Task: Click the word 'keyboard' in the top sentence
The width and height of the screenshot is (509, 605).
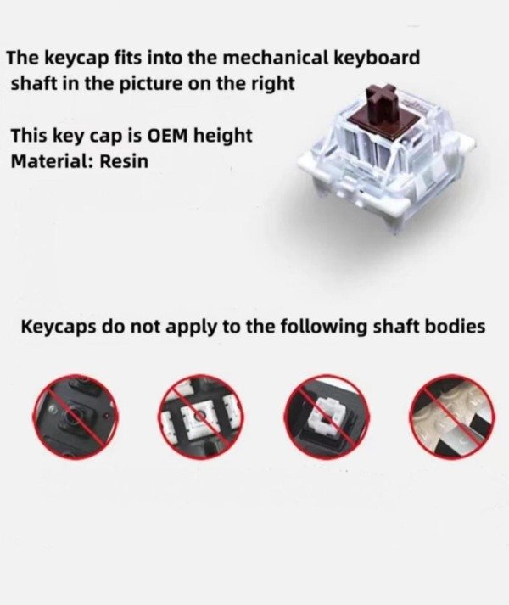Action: pos(376,58)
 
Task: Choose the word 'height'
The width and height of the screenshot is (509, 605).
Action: pos(223,137)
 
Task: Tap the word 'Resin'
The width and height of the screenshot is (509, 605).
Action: pos(124,161)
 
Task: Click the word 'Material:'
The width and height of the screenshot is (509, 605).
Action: pos(53,161)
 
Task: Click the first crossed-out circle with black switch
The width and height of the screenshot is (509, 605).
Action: pos(76,417)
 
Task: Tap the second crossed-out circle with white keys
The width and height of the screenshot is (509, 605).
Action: pos(199,416)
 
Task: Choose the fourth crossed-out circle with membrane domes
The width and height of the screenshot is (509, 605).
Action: pos(453,416)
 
